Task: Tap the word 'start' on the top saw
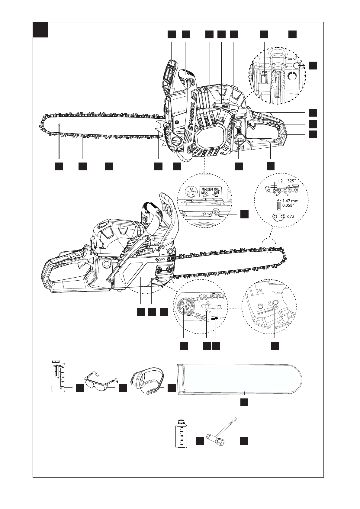point(227,107)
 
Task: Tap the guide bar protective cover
point(239,378)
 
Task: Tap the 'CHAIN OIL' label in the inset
point(211,189)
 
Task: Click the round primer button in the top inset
point(292,75)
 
